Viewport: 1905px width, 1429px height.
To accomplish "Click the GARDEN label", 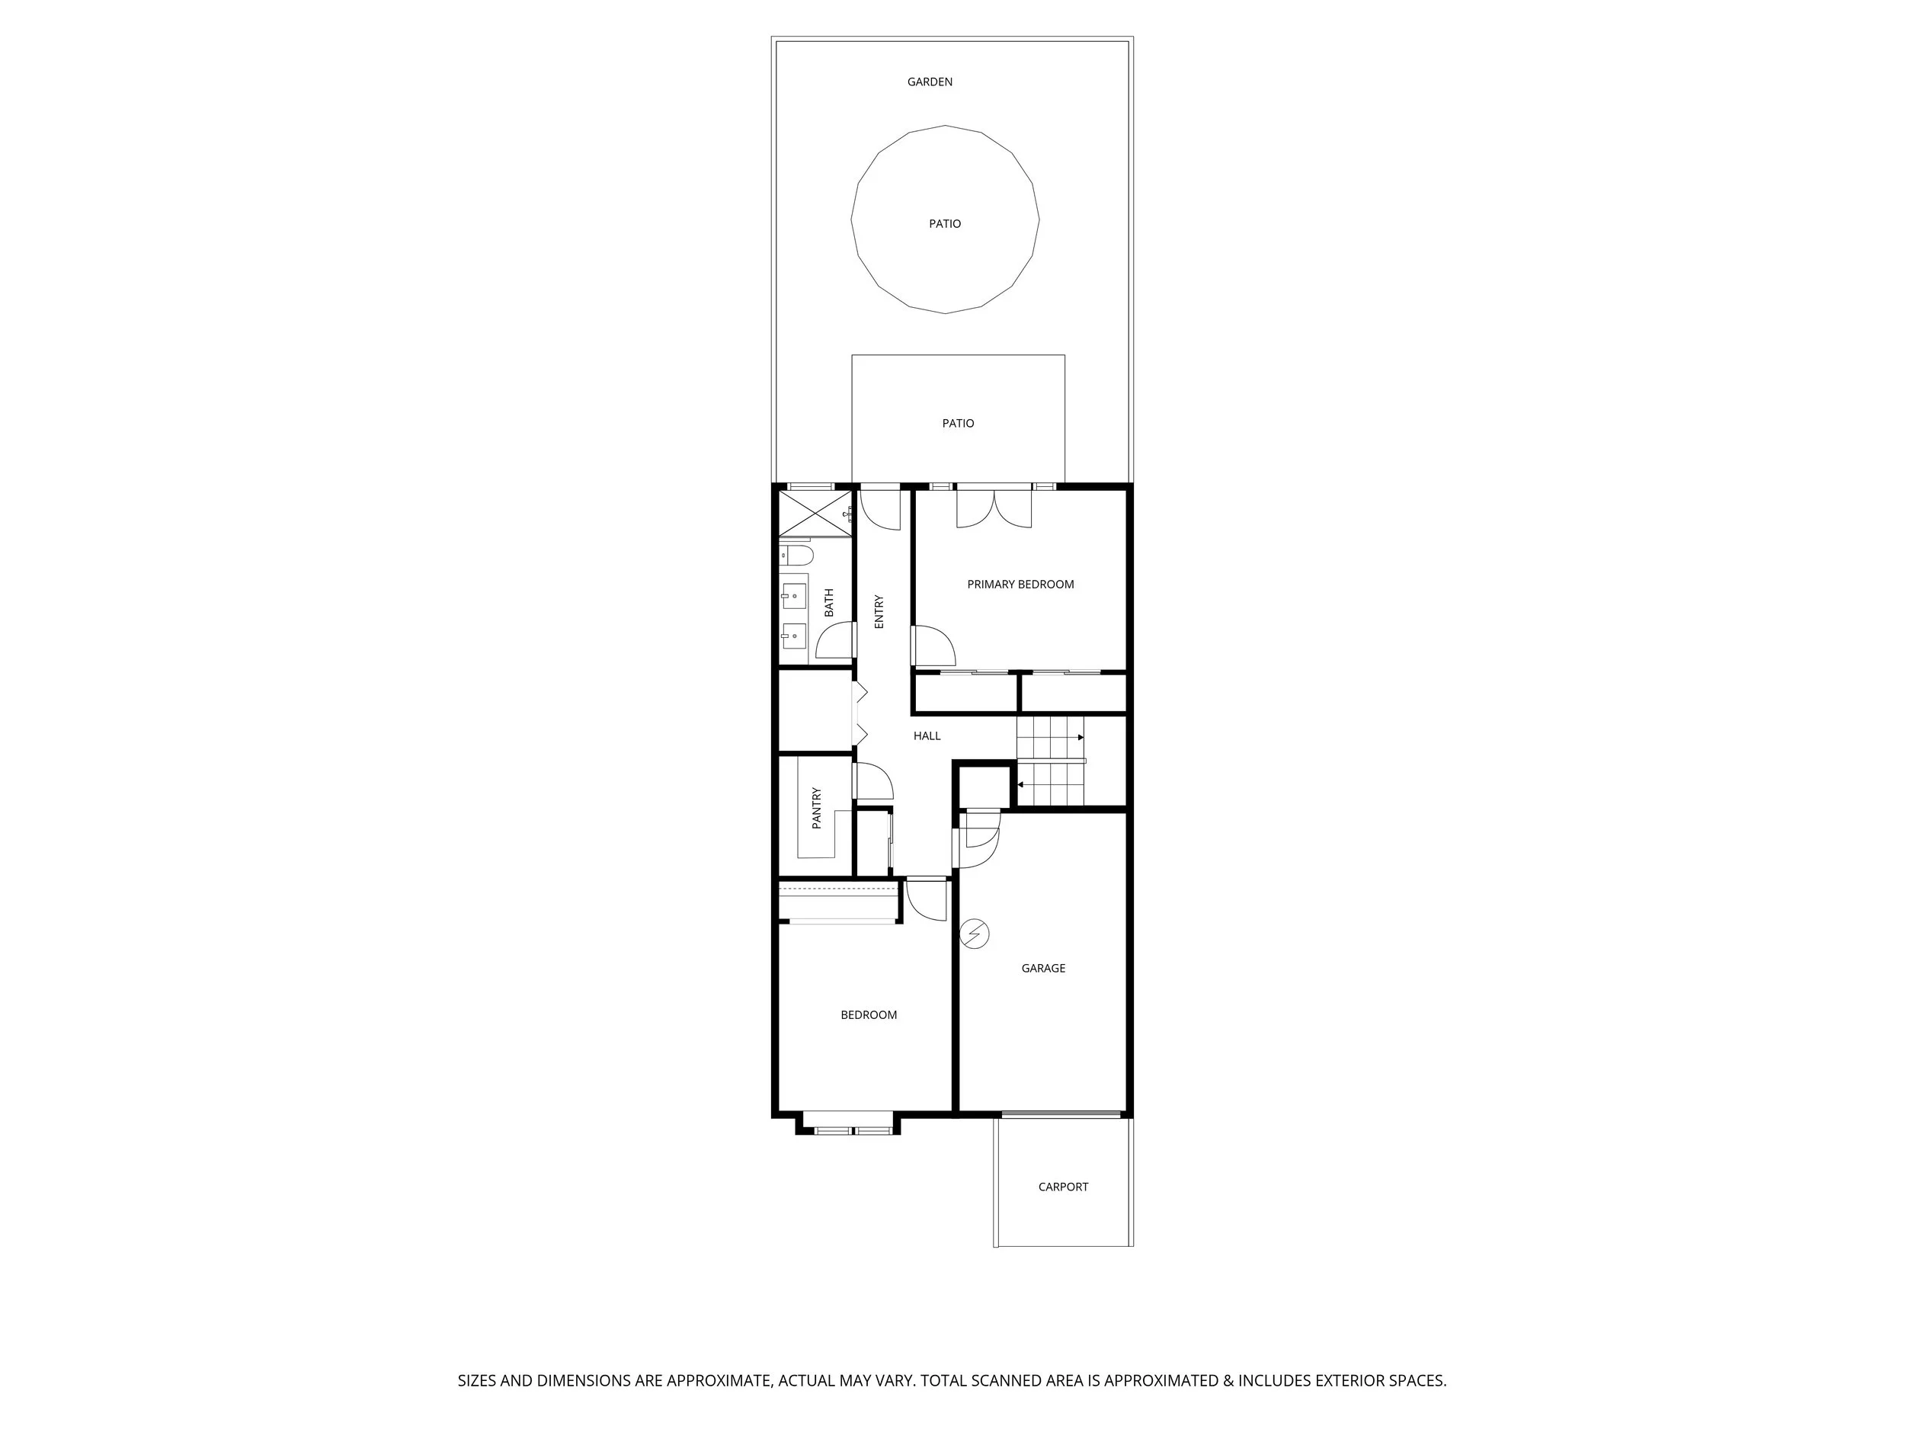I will click(x=929, y=82).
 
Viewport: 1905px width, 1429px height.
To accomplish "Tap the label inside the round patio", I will click(x=944, y=224).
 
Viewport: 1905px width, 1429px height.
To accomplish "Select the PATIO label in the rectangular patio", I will click(x=958, y=423).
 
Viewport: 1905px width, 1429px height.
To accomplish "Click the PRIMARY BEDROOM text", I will click(x=1020, y=584).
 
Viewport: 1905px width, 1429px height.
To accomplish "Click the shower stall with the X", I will click(x=815, y=514).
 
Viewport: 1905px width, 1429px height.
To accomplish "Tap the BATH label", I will click(x=828, y=602).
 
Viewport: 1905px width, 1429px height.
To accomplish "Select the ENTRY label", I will click(x=879, y=610).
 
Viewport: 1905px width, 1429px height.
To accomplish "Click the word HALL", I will click(x=927, y=735).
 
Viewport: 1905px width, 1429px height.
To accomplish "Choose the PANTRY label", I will click(x=816, y=808).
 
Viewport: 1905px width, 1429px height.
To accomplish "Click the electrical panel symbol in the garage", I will click(x=975, y=934).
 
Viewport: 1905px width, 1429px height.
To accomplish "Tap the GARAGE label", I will click(x=1043, y=968).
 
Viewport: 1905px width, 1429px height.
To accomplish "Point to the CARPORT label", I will click(x=1063, y=1186).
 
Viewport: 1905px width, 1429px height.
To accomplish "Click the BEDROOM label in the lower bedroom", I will click(x=868, y=1014).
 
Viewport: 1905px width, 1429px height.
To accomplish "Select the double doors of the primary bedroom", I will click(x=994, y=509).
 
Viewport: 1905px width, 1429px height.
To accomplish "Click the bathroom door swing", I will click(x=835, y=641).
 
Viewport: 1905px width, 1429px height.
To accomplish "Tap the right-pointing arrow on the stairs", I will click(x=1080, y=737).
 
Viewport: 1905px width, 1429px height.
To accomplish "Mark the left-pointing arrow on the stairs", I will click(x=1020, y=785).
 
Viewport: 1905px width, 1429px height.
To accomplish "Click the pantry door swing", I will click(x=873, y=781).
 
